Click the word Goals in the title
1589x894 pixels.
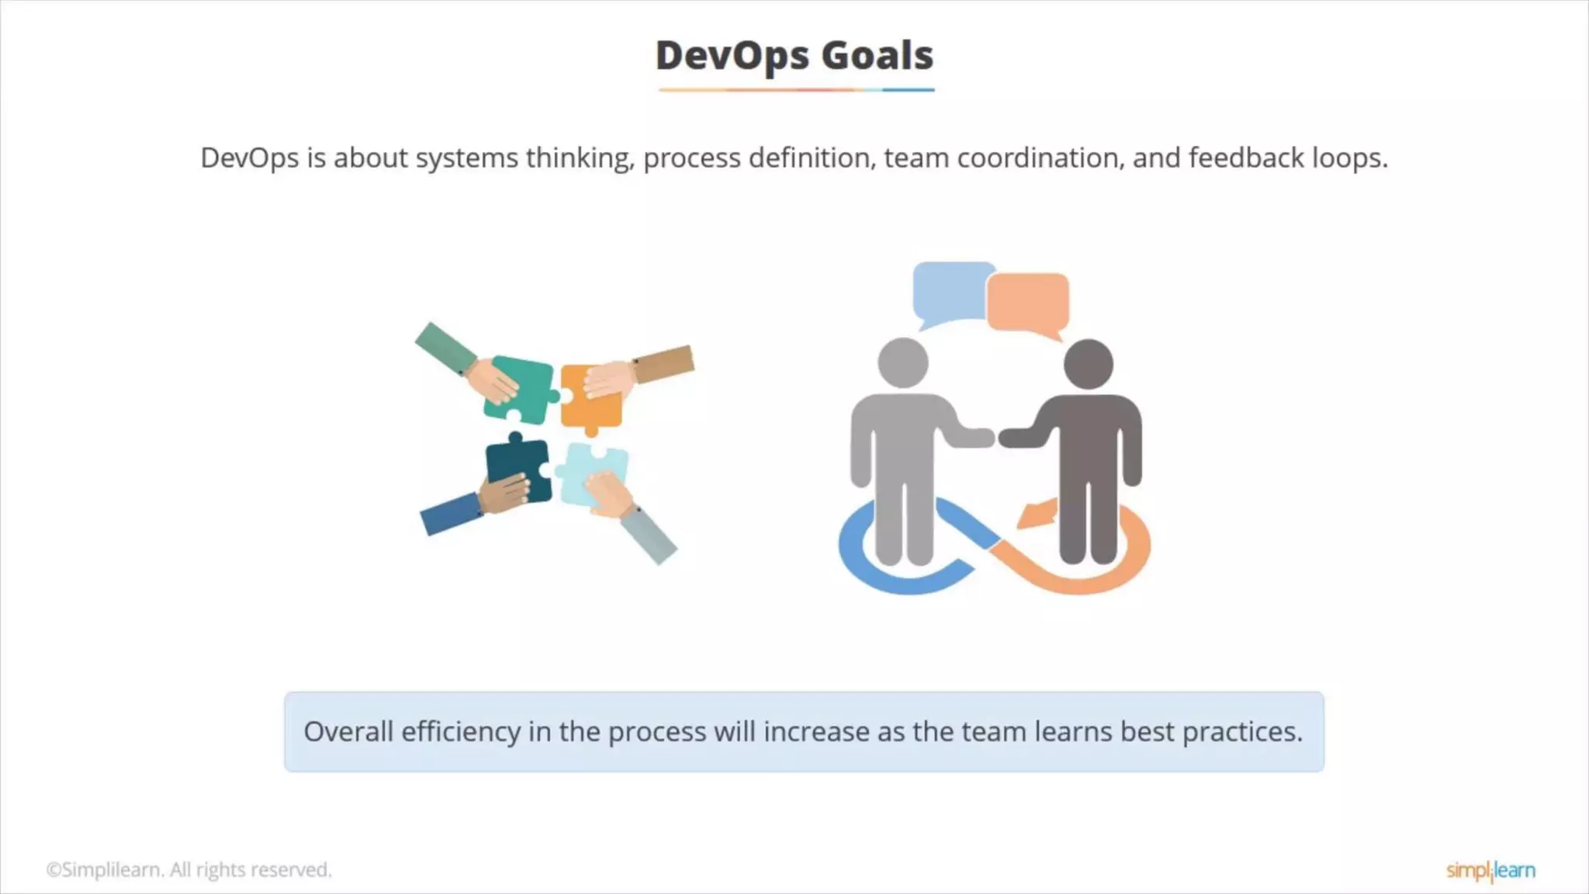point(877,56)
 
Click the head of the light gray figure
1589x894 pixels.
point(903,362)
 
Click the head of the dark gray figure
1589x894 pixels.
point(1088,364)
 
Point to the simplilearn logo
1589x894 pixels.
point(1490,871)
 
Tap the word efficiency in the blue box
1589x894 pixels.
point(461,732)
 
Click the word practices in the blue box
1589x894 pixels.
point(1241,732)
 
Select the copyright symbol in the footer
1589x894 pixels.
point(53,870)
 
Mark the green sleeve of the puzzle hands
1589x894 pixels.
point(445,346)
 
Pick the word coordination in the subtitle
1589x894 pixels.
point(1040,158)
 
